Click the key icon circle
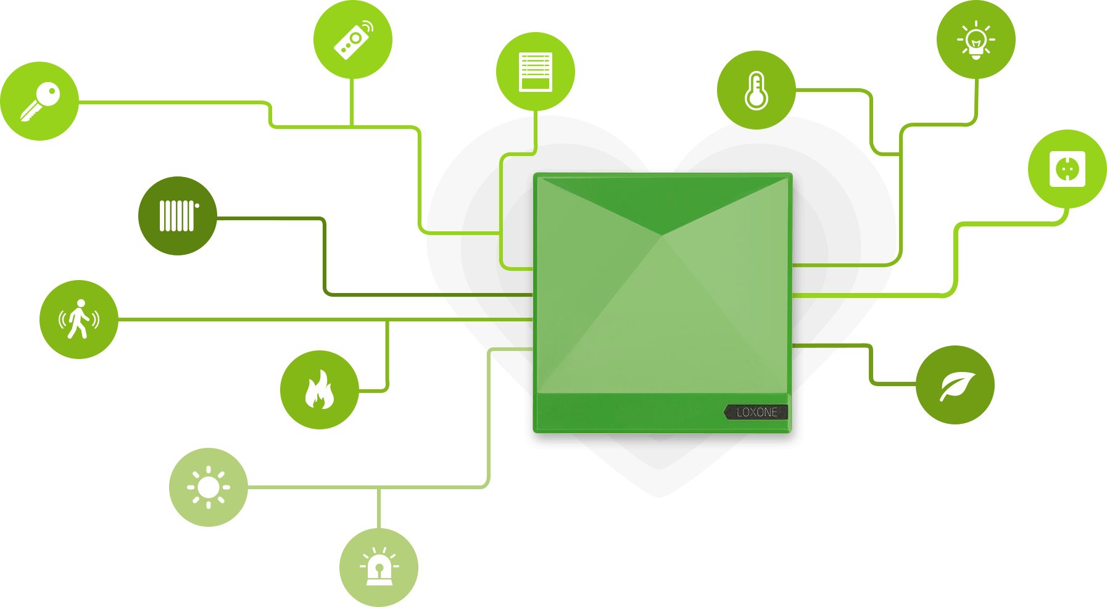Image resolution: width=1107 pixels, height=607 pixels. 39,101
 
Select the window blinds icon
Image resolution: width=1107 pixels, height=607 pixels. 536,72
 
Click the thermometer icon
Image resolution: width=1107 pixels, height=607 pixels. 757,90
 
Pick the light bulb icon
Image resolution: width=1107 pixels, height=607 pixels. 976,39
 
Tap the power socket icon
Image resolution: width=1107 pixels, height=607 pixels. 1068,169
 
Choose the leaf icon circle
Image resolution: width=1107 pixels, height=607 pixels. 955,385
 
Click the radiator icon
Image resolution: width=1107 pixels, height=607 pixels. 178,216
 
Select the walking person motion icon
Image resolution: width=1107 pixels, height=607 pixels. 79,320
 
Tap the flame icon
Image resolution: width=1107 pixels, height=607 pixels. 320,390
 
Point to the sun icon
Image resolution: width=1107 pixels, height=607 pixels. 209,487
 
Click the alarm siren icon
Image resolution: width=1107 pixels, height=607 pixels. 379,568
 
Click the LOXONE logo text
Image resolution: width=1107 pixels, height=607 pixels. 757,412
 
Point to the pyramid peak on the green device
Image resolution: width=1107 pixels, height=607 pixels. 662,236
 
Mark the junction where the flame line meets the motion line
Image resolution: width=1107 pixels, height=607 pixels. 388,320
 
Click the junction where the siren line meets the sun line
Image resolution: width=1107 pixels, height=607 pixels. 379,488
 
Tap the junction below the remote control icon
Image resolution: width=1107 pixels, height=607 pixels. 352,126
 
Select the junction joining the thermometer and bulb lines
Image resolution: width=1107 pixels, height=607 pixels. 900,154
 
